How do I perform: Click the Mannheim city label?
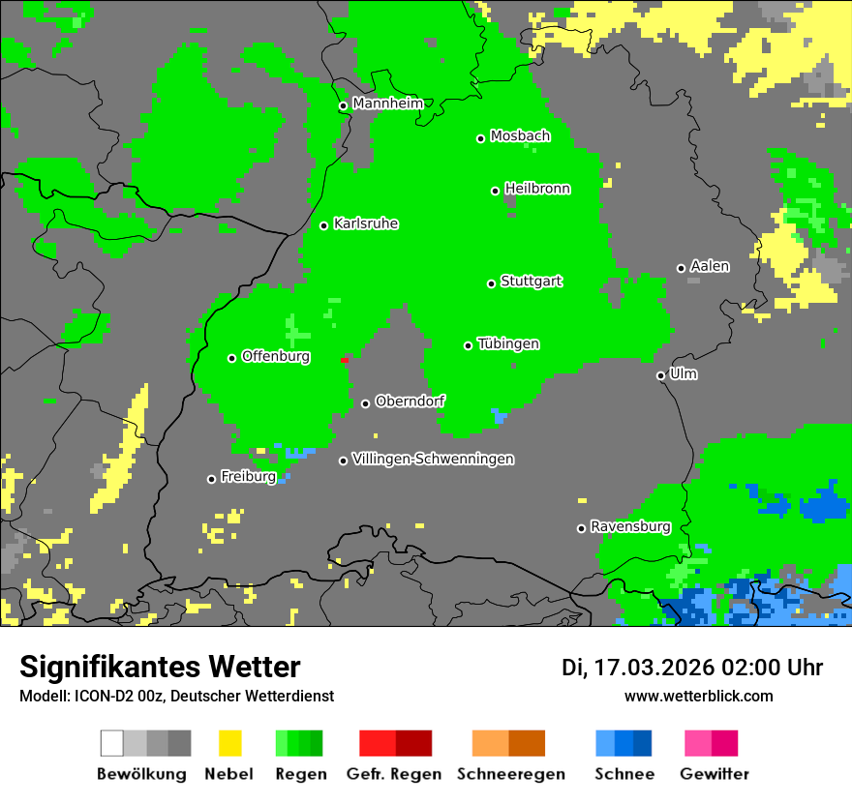[x=387, y=103]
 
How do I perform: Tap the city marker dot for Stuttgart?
[x=491, y=283]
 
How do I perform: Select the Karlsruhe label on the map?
[x=365, y=223]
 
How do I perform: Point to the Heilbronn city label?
[x=536, y=189]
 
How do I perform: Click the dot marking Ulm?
[x=660, y=375]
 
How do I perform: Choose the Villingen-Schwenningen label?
[x=433, y=459]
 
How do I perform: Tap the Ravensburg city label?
[x=630, y=526]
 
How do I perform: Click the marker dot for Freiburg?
[x=211, y=479]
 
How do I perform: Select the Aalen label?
[x=710, y=266]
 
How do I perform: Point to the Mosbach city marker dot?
[x=480, y=138]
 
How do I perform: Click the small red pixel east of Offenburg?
[x=344, y=360]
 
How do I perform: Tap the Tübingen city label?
[x=508, y=343]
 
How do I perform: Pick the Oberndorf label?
[x=410, y=401]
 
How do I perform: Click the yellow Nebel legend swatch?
[x=229, y=743]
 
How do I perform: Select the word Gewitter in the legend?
[x=714, y=774]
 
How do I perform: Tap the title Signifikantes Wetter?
[x=160, y=667]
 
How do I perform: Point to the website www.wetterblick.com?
[x=698, y=696]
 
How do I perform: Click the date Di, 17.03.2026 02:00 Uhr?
[x=691, y=668]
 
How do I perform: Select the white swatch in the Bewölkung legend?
[x=112, y=743]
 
